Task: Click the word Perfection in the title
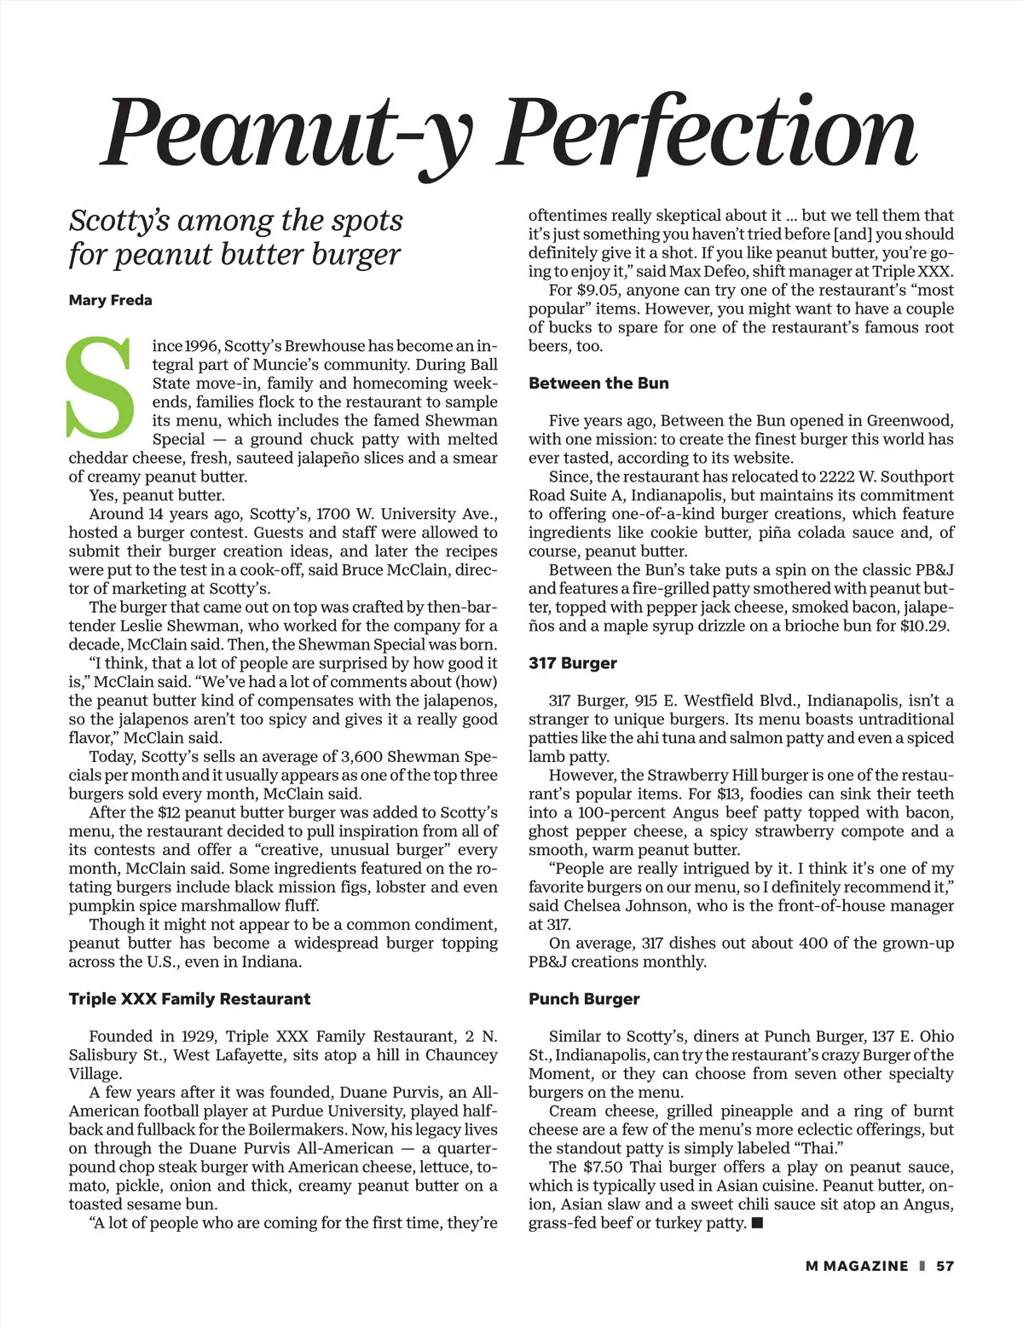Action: tap(708, 132)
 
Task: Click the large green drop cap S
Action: tap(100, 388)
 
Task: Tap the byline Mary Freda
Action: tap(111, 300)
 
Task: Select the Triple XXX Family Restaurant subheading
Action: tap(189, 999)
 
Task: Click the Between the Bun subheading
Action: tap(598, 384)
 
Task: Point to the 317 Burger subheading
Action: tap(572, 663)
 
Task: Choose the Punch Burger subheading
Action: tap(584, 999)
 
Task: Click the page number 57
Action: tap(945, 1266)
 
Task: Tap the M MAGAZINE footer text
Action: tap(857, 1266)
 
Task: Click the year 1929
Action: tap(199, 1036)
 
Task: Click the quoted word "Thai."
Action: tap(818, 1148)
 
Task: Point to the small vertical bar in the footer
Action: tap(922, 1266)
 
